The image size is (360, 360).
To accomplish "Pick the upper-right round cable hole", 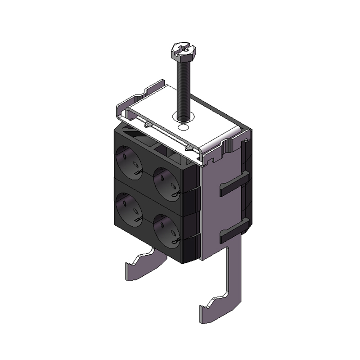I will point(165,182).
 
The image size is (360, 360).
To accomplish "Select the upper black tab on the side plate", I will point(232,185).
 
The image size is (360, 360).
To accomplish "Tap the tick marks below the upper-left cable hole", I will point(139,172).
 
